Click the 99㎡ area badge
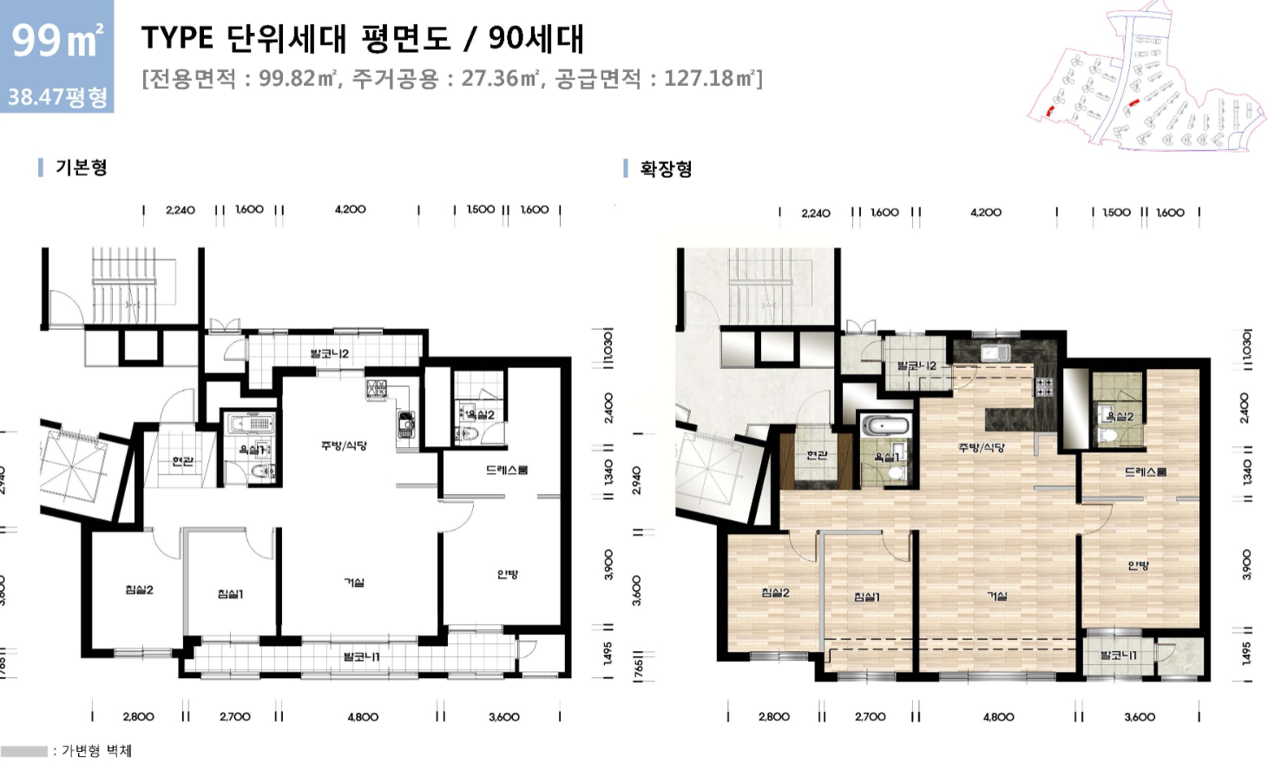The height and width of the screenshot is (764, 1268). pos(57,40)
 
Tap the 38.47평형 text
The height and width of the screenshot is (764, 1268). pos(57,95)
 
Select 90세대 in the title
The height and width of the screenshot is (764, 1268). pos(535,39)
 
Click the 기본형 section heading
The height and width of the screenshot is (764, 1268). pos(81,168)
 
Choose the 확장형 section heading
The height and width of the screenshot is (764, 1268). pos(666,169)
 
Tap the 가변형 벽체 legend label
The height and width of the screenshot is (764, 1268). pos(96,751)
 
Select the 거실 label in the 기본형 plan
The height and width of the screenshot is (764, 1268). pos(354,583)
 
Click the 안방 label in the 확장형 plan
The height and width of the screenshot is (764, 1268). pos(1139,566)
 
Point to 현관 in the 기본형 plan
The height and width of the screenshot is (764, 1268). pos(182,461)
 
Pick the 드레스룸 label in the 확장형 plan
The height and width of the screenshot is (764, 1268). pos(1145,472)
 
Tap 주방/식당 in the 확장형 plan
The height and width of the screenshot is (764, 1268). pos(982,448)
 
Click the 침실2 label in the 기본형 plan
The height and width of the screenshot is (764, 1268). pos(139,590)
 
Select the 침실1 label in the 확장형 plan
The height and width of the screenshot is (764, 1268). pos(867,597)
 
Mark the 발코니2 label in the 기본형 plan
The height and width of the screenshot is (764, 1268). pos(330,354)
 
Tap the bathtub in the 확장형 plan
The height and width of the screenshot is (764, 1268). pos(886,427)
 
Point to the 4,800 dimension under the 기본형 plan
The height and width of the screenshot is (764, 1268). pos(363,717)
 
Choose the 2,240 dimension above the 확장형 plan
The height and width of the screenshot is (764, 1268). pos(816,213)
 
